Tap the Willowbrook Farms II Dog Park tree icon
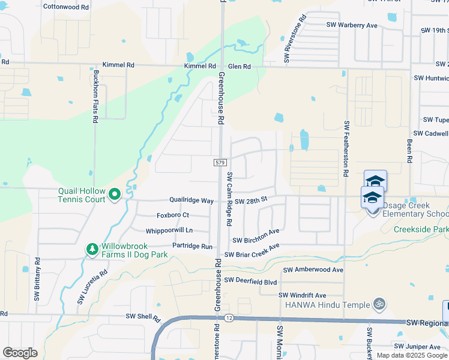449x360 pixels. (92, 248)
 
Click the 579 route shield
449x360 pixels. (219, 163)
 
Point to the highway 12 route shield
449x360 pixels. (229, 317)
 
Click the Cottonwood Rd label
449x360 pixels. (66, 7)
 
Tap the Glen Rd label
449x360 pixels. (239, 67)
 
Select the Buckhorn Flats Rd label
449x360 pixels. (95, 97)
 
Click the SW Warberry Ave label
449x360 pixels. (352, 25)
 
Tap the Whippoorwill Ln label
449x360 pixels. (169, 230)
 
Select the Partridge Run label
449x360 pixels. (193, 247)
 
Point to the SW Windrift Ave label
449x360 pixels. (302, 295)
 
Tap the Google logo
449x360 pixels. (20, 353)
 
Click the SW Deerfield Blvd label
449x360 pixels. (250, 280)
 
